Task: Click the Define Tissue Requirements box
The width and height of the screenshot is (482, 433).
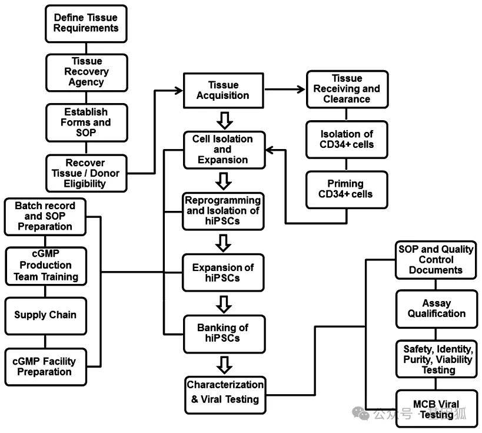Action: tap(86, 24)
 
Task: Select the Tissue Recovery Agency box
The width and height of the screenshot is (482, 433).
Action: tap(87, 72)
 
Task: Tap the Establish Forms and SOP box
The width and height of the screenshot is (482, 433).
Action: tap(87, 123)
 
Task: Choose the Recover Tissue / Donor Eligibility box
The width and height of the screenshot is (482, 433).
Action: tap(87, 173)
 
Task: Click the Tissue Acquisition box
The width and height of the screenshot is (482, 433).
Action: tap(224, 91)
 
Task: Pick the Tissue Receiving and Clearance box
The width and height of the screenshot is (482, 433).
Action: tap(347, 89)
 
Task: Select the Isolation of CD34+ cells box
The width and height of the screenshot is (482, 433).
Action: tap(347, 140)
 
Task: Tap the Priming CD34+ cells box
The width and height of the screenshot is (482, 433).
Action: tap(347, 190)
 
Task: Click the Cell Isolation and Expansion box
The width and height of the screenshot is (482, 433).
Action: tap(224, 150)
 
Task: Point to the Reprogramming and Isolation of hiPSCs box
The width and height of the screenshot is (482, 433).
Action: tap(223, 211)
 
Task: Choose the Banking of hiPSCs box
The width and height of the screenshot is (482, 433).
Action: tap(224, 334)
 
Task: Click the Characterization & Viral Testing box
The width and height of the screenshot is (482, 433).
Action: tap(225, 395)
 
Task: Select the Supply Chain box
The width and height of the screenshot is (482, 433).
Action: tap(45, 316)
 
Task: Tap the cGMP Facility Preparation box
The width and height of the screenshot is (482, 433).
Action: tap(45, 367)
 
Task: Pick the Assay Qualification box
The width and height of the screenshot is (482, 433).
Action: tap(437, 309)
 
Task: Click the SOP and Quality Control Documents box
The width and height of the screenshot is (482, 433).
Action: tap(436, 260)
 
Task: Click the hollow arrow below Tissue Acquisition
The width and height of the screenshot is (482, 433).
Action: tap(225, 121)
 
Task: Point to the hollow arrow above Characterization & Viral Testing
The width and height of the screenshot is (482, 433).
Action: tap(224, 365)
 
